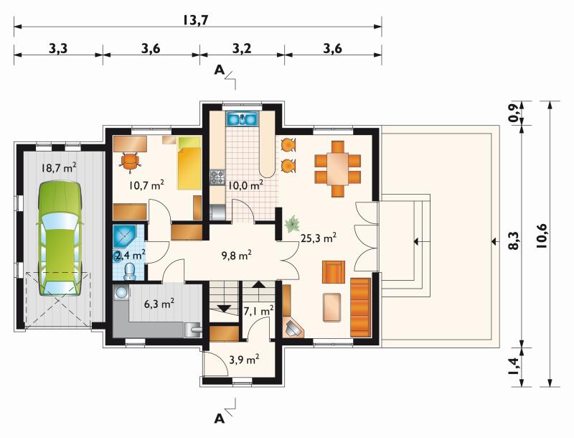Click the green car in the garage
tap(60, 238)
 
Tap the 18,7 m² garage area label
tap(59, 168)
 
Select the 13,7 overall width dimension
tap(195, 20)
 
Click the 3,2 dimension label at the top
tap(242, 48)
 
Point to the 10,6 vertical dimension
tap(542, 236)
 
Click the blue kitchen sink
tap(242, 119)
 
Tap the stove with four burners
tap(217, 177)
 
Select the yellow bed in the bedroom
tap(189, 163)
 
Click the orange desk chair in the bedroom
tap(130, 161)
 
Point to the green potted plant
tap(292, 224)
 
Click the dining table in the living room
tap(337, 169)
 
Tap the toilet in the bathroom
tap(129, 271)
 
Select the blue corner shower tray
tap(124, 236)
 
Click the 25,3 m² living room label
tap(319, 238)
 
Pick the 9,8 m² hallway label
tap(237, 255)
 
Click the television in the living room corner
tap(293, 327)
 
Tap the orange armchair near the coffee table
tap(333, 271)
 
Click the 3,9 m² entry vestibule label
tap(244, 359)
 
